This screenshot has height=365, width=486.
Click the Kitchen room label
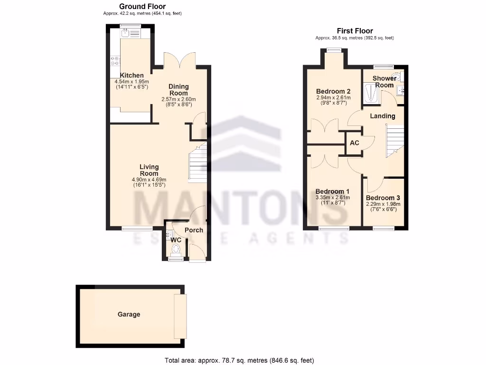pos(131,76)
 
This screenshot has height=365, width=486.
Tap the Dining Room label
pos(178,90)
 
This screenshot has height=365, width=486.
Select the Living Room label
pos(149,170)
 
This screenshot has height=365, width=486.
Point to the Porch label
pos(194,230)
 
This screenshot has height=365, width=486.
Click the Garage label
pos(129,314)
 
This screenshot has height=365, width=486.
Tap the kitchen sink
pos(126,33)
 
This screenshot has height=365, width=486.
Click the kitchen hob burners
pos(115,61)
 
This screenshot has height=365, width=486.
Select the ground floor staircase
pos(198,164)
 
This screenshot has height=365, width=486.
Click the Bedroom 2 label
pos(333,91)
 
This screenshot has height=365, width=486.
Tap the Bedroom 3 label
pos(383,198)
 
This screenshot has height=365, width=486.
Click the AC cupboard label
pos(355,143)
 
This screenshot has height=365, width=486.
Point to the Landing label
pos(383,116)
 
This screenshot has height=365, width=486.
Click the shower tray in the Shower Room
pos(372,93)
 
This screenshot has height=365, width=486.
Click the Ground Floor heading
pos(142,7)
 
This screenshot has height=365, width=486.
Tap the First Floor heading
pos(355,31)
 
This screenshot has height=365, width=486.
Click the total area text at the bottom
pos(239,360)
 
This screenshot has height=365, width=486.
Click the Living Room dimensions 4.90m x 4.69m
pos(149,180)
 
